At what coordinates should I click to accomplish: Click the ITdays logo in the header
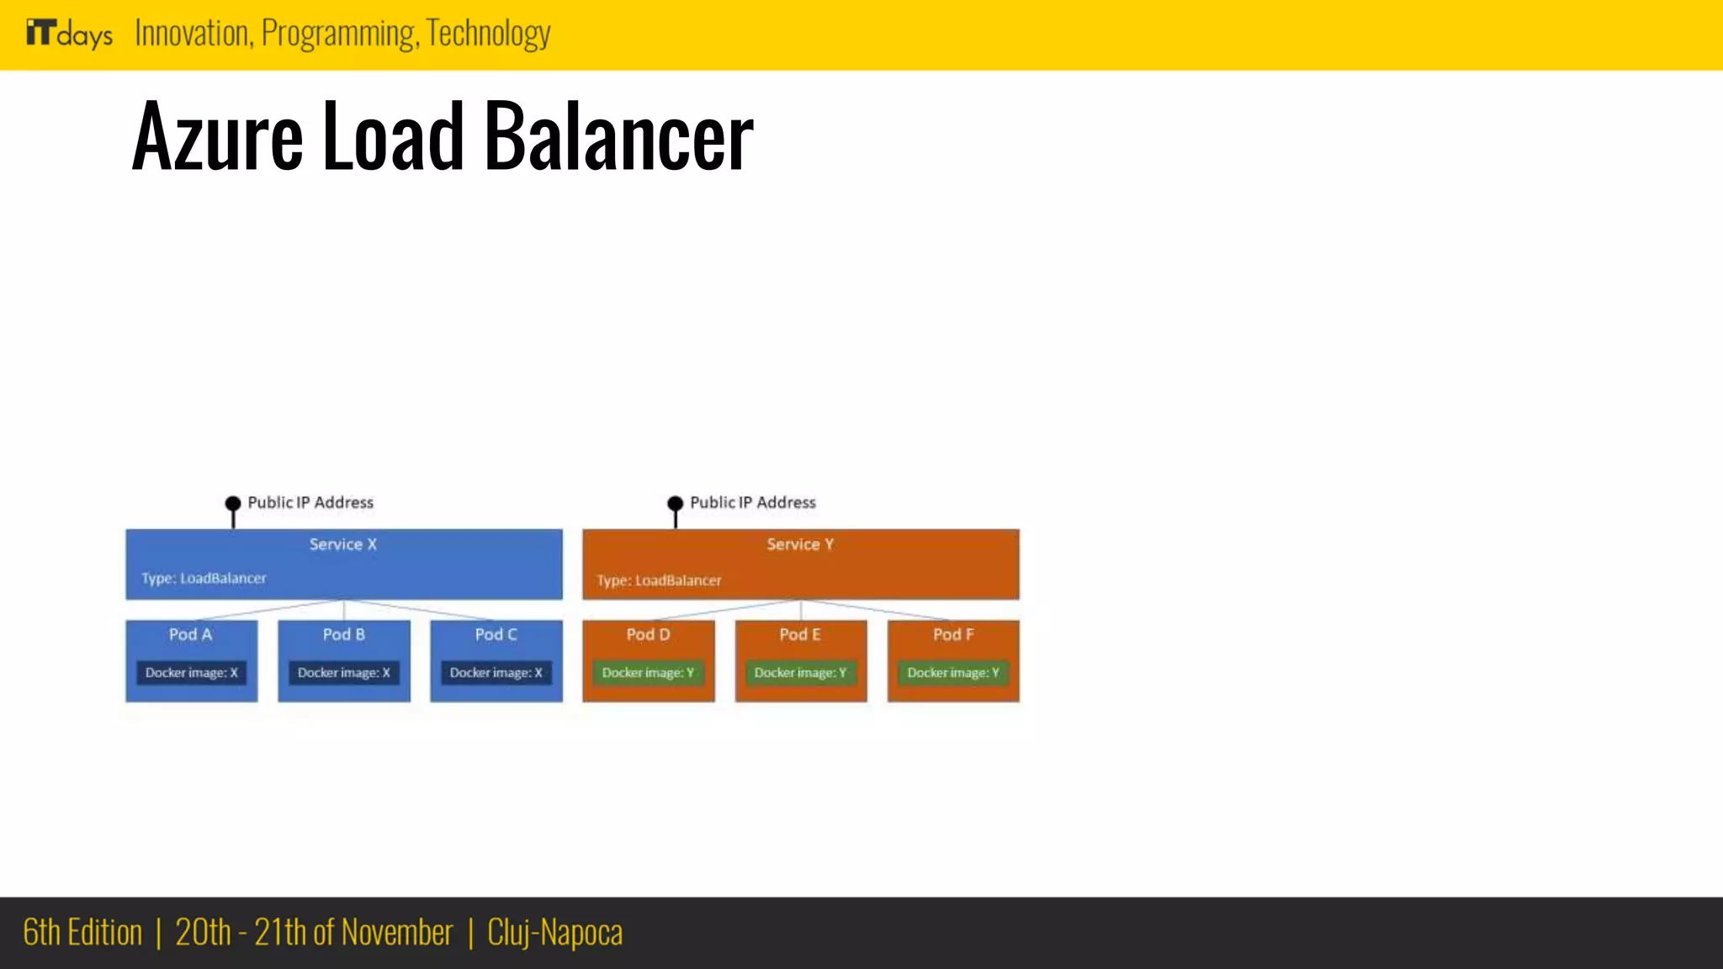[x=69, y=34]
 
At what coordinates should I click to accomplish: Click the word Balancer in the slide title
[x=619, y=136]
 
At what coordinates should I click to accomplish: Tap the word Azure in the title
[x=217, y=136]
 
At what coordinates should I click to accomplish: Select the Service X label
[x=343, y=544]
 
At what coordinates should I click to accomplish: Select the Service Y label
[x=800, y=544]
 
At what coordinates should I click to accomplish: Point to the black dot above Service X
[x=233, y=504]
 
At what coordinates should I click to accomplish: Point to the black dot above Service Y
[x=675, y=504]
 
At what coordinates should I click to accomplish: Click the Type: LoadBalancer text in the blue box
[x=204, y=578]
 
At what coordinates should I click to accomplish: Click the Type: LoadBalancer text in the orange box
[x=659, y=580]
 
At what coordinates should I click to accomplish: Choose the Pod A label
[x=191, y=634]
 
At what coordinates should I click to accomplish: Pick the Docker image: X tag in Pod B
[x=344, y=673]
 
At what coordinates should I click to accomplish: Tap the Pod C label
[x=496, y=634]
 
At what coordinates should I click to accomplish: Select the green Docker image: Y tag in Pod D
[x=648, y=673]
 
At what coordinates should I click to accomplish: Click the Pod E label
[x=800, y=634]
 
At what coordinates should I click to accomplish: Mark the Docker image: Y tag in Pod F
[x=953, y=673]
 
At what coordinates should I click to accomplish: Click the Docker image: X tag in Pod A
[x=192, y=673]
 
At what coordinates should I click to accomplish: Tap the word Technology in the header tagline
[x=488, y=34]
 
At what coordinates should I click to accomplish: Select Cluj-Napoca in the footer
[x=554, y=933]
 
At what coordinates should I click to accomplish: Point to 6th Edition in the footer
[x=82, y=933]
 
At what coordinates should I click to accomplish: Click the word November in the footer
[x=396, y=933]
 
